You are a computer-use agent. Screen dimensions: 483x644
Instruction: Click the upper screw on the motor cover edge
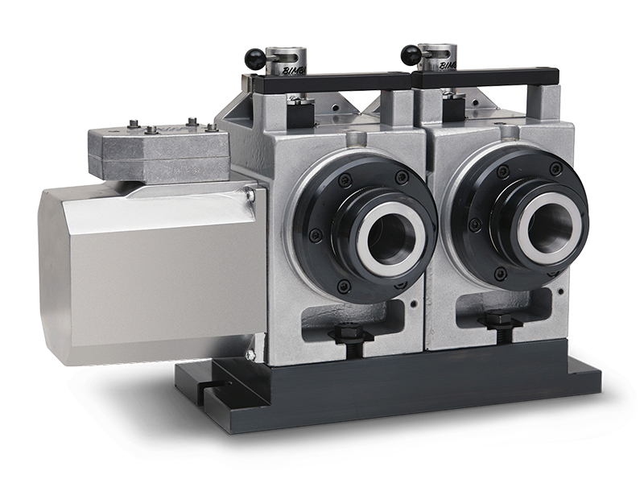click(x=251, y=195)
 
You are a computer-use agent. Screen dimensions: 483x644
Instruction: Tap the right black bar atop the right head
click(x=483, y=76)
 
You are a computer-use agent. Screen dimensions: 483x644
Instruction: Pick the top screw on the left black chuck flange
click(x=345, y=180)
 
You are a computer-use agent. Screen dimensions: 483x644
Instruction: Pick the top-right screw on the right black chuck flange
click(x=555, y=168)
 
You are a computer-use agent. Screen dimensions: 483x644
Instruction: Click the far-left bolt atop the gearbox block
click(x=131, y=124)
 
